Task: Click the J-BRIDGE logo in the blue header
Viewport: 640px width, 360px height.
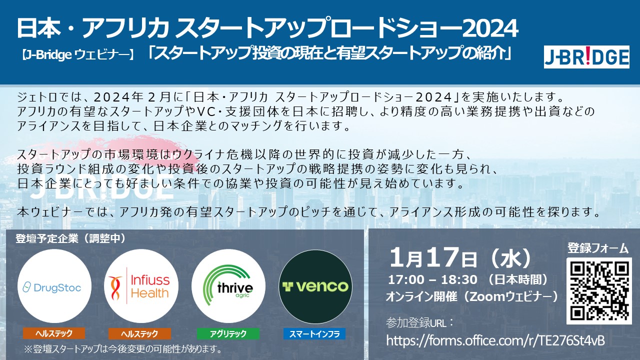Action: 586,57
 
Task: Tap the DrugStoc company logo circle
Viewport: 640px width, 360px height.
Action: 54,286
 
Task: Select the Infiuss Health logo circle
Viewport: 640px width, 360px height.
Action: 141,286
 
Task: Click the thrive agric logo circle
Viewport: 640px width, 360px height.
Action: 228,286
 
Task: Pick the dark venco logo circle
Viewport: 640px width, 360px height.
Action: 315,286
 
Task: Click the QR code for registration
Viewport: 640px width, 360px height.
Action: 599,291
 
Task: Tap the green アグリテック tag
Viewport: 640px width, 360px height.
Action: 228,333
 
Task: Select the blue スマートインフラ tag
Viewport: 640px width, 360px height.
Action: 314,333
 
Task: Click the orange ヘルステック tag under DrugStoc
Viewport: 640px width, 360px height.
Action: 54,333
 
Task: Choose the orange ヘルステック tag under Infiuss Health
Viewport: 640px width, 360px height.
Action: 139,333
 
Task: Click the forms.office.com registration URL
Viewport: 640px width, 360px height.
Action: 495,340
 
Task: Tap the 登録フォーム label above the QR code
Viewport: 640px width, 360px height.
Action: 598,248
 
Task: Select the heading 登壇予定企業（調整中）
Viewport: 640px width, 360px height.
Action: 71,238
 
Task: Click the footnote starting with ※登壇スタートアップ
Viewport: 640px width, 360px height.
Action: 123,349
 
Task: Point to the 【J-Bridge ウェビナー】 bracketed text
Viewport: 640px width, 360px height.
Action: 77,55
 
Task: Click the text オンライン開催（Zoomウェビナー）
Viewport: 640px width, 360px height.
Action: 472,297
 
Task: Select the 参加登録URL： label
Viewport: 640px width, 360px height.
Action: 420,323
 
